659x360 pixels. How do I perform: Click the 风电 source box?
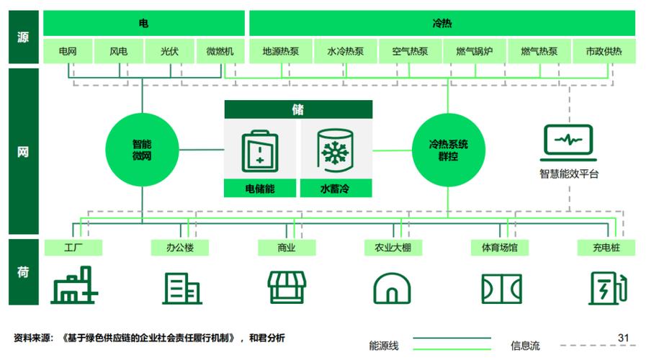(119, 51)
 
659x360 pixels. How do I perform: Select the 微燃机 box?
(220, 51)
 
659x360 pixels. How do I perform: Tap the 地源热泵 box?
(281, 51)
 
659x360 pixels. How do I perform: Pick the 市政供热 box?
(604, 51)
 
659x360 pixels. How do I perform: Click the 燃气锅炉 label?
(475, 51)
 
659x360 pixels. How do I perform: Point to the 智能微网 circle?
(142, 150)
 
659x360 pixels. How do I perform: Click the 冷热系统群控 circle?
(449, 150)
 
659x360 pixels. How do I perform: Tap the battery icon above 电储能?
(260, 151)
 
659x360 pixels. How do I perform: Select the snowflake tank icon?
(335, 150)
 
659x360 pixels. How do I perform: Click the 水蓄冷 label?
(336, 189)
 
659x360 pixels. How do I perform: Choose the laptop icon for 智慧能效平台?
(568, 143)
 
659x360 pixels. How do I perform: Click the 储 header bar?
(298, 109)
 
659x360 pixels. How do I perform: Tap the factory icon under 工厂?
(74, 285)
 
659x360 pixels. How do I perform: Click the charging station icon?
(608, 288)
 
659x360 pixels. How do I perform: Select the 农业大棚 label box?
(393, 248)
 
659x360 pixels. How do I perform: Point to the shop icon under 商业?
(287, 287)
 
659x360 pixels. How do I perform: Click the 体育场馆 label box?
(500, 248)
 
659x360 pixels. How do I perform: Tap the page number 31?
(623, 338)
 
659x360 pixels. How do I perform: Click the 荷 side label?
(24, 271)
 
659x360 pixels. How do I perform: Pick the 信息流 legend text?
(525, 346)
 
